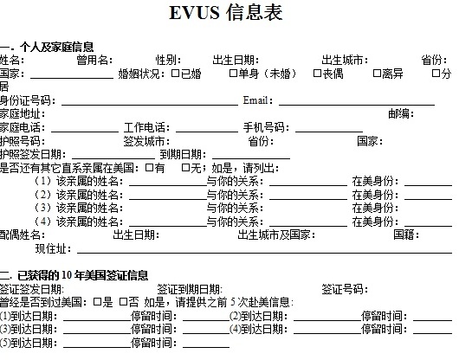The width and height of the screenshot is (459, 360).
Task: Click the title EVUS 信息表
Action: click(x=226, y=13)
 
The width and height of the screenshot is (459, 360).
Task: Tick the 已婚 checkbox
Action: click(x=175, y=73)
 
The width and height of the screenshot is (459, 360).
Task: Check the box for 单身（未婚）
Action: click(x=233, y=73)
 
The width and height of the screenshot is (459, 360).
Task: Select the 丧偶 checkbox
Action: click(x=317, y=73)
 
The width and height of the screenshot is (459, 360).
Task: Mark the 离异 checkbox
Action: click(x=377, y=73)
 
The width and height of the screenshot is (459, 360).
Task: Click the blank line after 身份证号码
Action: click(x=150, y=105)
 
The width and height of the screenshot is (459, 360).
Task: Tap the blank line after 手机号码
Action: click(x=329, y=132)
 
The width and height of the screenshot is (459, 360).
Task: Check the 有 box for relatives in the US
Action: click(x=149, y=168)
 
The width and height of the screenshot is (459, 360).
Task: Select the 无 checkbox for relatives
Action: click(x=185, y=168)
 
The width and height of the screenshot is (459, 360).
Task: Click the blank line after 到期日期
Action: click(x=251, y=158)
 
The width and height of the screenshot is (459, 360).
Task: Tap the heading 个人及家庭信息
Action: click(x=57, y=47)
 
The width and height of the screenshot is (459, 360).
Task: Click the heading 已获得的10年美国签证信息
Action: click(x=83, y=275)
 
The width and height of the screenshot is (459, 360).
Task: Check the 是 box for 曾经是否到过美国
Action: click(x=97, y=302)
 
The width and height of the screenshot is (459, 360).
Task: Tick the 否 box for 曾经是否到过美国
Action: click(x=124, y=302)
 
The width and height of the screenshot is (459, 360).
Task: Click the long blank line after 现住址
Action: click(x=265, y=252)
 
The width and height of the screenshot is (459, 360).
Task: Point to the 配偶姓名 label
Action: click(x=23, y=235)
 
